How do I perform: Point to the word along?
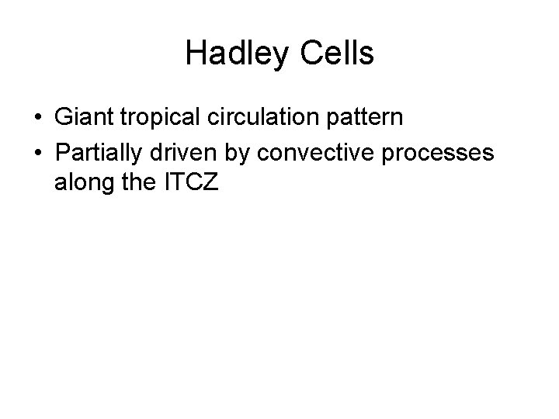pyautogui.click(x=83, y=187)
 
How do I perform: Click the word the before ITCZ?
pyautogui.click(x=138, y=187)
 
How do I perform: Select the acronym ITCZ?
pyautogui.click(x=191, y=187)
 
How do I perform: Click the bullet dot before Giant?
pyautogui.click(x=38, y=119)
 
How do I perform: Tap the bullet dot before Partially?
pyautogui.click(x=38, y=154)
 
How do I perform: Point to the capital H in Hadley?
pyautogui.click(x=196, y=54)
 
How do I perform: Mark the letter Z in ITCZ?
pyautogui.click(x=213, y=187)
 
